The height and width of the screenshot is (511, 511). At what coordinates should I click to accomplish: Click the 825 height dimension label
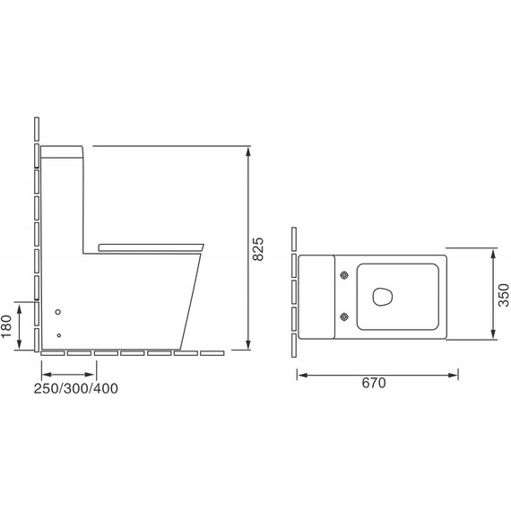click(x=258, y=249)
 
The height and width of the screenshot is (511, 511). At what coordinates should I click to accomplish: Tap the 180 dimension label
click(x=6, y=326)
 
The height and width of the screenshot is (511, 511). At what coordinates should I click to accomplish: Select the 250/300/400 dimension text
click(x=76, y=388)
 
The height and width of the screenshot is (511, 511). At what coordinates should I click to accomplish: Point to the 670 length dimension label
click(x=374, y=383)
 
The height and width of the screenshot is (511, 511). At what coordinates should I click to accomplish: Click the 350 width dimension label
click(x=504, y=295)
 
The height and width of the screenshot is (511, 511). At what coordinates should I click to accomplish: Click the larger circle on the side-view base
click(x=58, y=312)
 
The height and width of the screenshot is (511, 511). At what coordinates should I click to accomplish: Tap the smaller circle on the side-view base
click(x=58, y=335)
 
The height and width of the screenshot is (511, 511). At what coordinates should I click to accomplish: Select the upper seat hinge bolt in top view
click(x=344, y=275)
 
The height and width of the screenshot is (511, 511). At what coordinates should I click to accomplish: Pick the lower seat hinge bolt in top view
click(x=344, y=316)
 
